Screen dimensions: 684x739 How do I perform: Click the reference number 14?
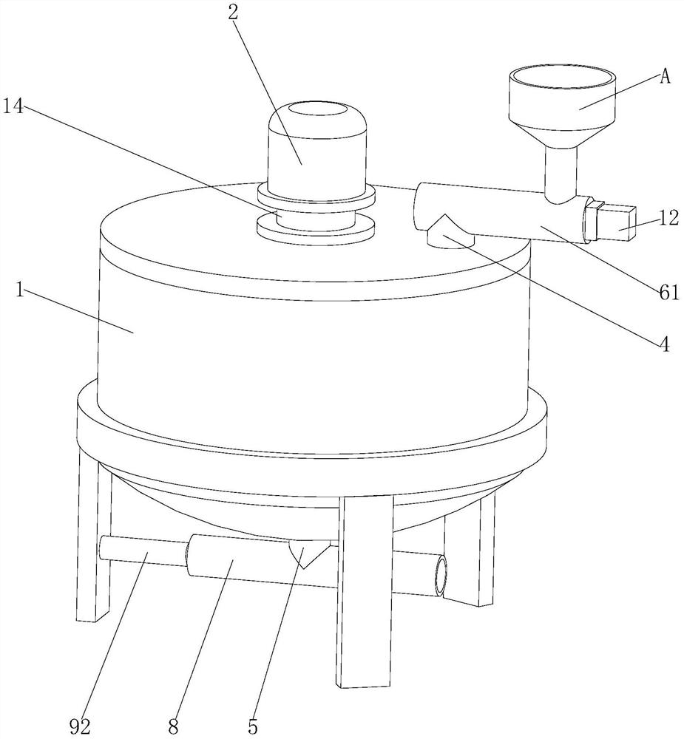13,106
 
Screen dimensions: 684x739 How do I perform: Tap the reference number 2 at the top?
232,13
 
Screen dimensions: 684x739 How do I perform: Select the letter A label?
665,76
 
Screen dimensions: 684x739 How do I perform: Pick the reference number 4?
664,345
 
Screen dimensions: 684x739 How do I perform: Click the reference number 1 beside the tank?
19,290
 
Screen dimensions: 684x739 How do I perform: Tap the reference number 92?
79,726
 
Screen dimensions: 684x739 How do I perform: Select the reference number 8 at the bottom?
174,726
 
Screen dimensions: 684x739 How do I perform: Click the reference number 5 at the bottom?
253,726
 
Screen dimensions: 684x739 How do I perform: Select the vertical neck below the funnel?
561,174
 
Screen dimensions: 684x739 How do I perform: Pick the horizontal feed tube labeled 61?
500,212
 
